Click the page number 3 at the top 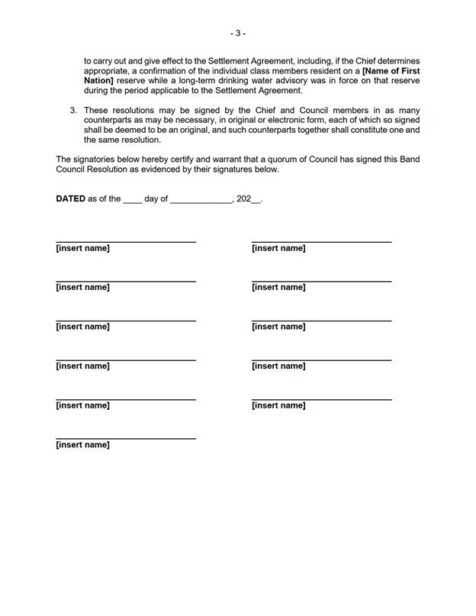[x=238, y=33]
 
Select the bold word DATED [x=70, y=198]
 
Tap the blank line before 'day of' [x=132, y=200]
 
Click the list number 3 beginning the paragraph [x=73, y=111]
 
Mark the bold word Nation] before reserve [x=98, y=81]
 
